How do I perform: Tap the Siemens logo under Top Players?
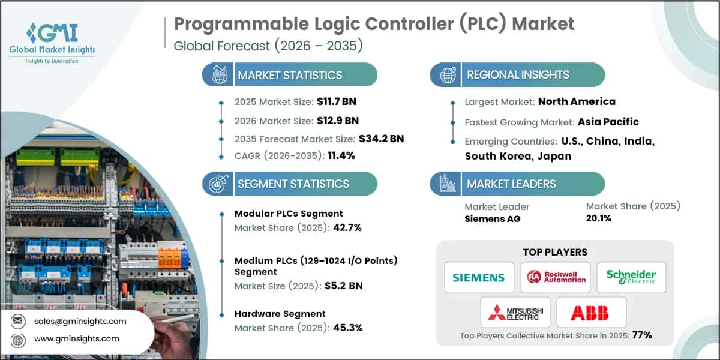click(x=479, y=277)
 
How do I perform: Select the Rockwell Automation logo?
click(x=555, y=277)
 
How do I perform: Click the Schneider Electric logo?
click(x=631, y=277)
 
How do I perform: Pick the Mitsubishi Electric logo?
click(x=515, y=312)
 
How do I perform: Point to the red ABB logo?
click(x=591, y=312)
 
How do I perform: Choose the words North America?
click(x=577, y=101)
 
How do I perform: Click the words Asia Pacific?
click(x=608, y=122)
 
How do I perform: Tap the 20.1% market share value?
click(x=598, y=218)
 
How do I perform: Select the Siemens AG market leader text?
click(x=492, y=218)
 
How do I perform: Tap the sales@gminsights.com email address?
click(x=79, y=321)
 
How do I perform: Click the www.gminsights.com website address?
click(x=76, y=338)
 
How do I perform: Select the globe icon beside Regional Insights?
click(x=448, y=75)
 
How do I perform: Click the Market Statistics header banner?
click(x=290, y=75)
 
